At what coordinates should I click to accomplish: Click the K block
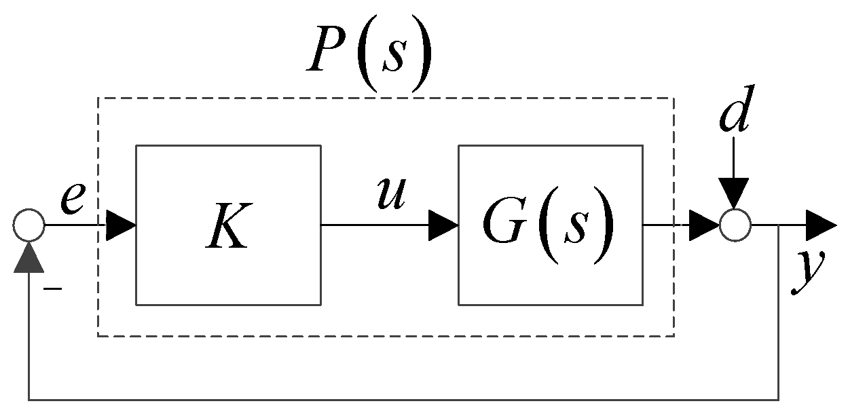coord(228,224)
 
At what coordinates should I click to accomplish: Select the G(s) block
coord(550,224)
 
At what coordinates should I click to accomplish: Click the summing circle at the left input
coord(29,225)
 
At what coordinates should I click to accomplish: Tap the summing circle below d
coord(735,224)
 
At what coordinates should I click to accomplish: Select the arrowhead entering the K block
coord(121,225)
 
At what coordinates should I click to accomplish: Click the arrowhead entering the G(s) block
coord(443,225)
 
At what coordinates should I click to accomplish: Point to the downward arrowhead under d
coord(735,193)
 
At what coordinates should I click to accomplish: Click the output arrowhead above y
coord(822,225)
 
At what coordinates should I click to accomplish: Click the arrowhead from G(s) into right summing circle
coord(703,225)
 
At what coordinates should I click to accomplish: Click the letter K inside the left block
coord(228,231)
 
